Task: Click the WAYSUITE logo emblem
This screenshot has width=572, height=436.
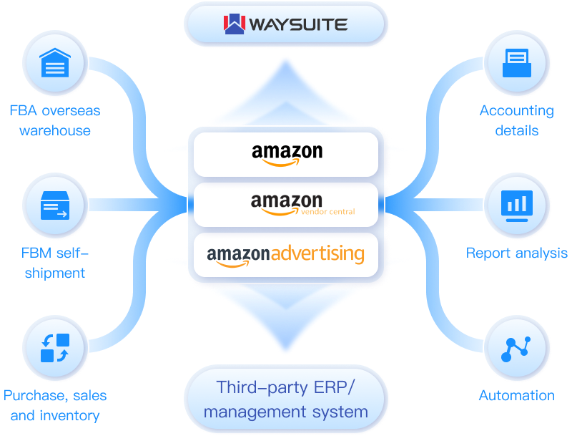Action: [235, 24]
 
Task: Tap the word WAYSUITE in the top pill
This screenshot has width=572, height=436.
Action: [298, 25]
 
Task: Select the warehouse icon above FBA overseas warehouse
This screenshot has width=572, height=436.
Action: [55, 65]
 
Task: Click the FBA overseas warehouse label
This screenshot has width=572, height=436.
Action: [55, 120]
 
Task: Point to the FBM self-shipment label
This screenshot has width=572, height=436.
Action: [55, 262]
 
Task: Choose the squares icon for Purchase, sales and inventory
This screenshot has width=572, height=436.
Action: [55, 347]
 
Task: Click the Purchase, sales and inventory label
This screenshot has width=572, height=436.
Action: [55, 404]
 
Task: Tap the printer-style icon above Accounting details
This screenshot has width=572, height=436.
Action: [516, 64]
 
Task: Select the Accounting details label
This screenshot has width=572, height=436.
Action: [516, 120]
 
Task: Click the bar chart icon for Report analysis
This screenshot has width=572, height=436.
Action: [516, 205]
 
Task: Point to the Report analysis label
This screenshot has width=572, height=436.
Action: [516, 253]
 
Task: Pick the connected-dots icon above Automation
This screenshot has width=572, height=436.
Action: [516, 347]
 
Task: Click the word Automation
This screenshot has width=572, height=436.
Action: [516, 395]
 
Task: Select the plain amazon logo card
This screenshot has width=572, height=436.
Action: [286, 154]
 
